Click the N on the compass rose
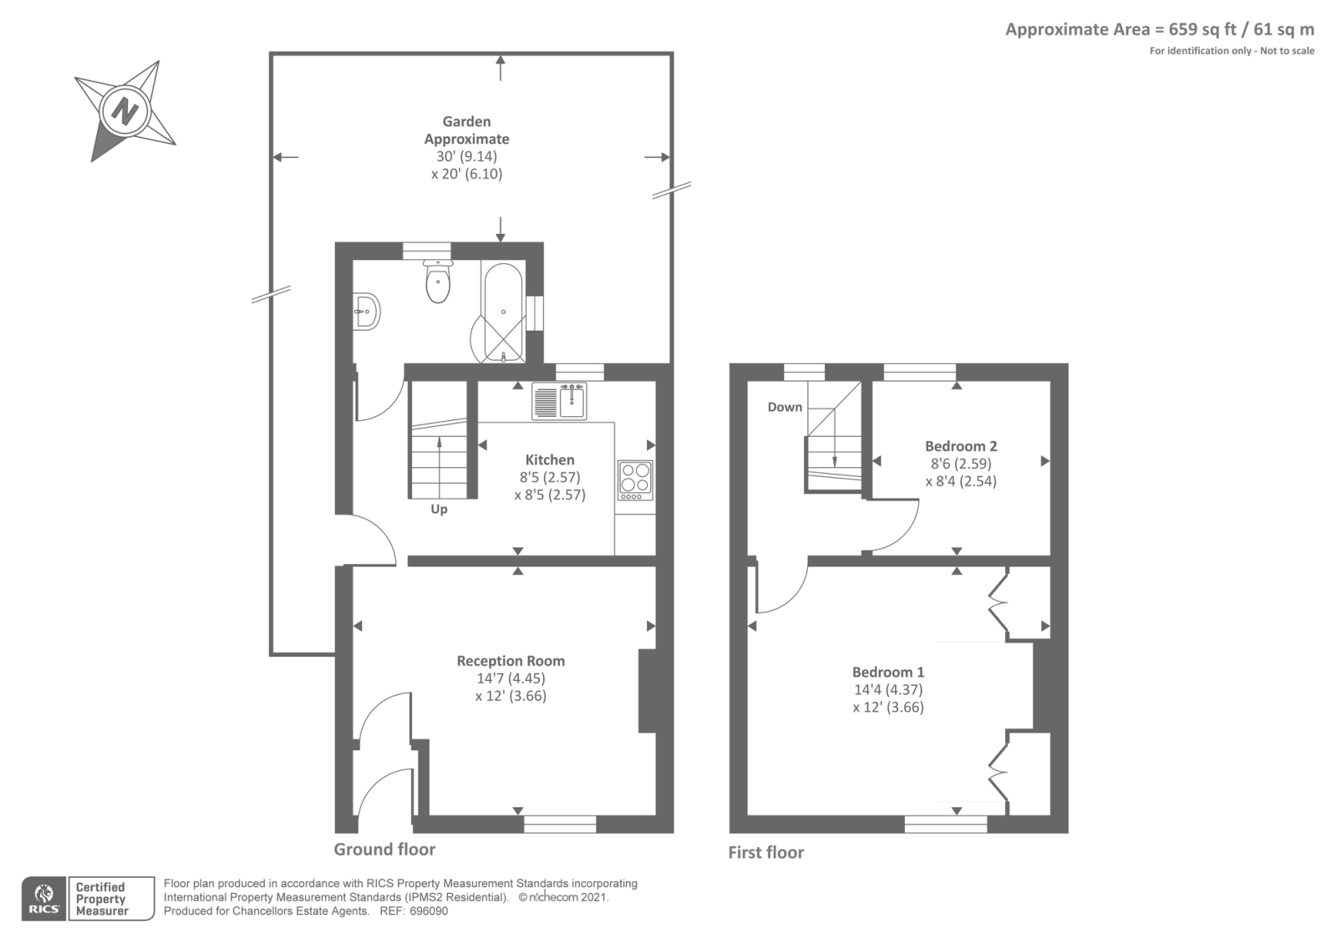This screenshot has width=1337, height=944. [125, 111]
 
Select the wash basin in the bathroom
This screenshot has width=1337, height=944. [366, 311]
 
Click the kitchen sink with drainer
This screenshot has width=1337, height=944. [559, 401]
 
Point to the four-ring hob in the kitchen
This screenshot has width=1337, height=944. [636, 480]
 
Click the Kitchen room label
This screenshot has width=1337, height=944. [550, 460]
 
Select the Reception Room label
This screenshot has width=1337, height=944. [511, 661]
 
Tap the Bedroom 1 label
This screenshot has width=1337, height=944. [888, 672]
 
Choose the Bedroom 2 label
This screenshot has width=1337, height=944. [961, 446]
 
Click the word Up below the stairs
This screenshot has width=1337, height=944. [439, 510]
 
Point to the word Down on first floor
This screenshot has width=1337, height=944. [785, 407]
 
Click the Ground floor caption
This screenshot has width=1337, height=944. [384, 849]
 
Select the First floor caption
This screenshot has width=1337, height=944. [765, 852]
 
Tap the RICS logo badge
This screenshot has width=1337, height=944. [44, 899]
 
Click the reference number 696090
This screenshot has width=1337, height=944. [429, 911]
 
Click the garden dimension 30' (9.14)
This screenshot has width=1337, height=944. [467, 156]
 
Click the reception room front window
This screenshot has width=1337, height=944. [560, 824]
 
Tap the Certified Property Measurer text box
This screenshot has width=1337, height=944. [112, 899]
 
